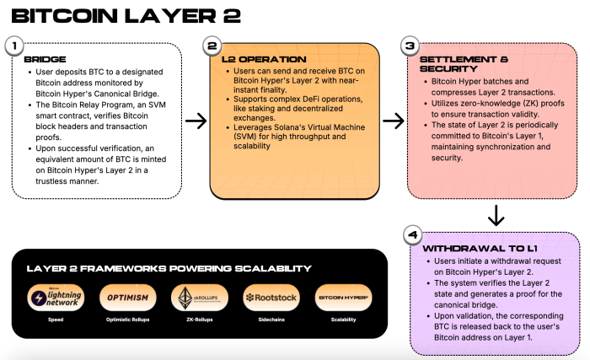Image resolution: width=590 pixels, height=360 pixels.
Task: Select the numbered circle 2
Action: coord(212,46)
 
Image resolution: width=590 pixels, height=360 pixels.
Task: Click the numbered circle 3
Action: coord(410,46)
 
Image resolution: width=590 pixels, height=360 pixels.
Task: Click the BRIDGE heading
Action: coord(44,61)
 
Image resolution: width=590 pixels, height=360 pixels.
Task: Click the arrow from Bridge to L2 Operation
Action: coord(196,121)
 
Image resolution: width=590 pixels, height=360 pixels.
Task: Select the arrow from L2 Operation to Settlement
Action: coord(394,121)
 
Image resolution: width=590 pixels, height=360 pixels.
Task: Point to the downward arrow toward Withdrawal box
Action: coord(496,216)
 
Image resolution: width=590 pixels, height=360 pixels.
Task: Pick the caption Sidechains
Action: coord(266,321)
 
